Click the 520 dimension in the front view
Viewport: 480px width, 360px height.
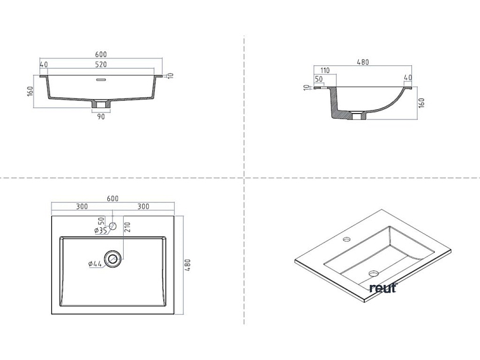pos(101,65)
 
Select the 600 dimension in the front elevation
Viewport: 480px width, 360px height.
pos(101,54)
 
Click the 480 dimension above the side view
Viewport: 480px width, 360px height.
pos(363,62)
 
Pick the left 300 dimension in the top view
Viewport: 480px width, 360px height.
pos(82,206)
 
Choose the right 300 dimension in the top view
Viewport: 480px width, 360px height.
pos(143,206)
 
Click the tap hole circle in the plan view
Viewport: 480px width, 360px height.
pos(112,225)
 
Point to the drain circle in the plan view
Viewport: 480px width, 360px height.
pos(114,258)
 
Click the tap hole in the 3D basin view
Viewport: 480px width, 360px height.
pos(347,240)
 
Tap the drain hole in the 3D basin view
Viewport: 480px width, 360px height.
pos(373,274)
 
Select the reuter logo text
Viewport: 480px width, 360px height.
pos(382,288)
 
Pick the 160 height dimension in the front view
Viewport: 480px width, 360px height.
pos(30,91)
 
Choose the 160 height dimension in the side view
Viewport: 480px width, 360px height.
pos(422,102)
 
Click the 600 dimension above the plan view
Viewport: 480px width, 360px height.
pos(112,198)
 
